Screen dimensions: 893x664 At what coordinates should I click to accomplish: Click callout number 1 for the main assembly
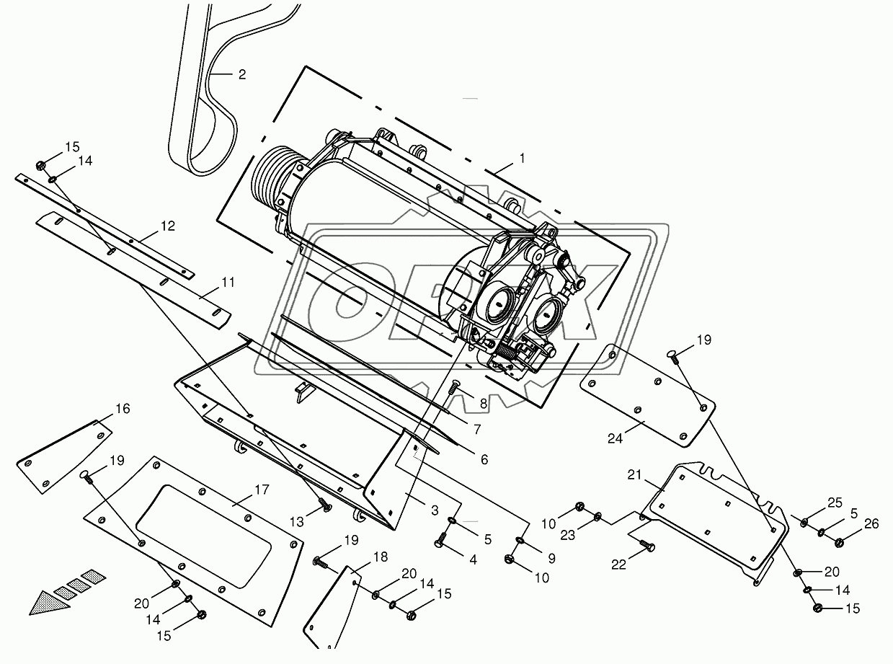[x=523, y=159]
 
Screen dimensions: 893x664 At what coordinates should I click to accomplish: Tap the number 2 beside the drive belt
[x=242, y=74]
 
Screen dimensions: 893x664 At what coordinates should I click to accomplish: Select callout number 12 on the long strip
[x=168, y=226]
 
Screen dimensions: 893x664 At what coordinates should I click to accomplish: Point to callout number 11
[x=228, y=282]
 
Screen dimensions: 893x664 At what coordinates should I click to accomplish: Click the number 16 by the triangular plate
[x=123, y=409]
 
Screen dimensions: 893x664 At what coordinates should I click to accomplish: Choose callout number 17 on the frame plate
[x=262, y=490]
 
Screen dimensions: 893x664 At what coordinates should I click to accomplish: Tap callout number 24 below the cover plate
[x=616, y=438]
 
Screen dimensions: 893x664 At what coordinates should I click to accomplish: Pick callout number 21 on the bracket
[x=634, y=474]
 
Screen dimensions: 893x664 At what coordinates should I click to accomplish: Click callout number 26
[x=871, y=523]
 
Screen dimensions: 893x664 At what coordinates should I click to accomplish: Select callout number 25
[x=835, y=503]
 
